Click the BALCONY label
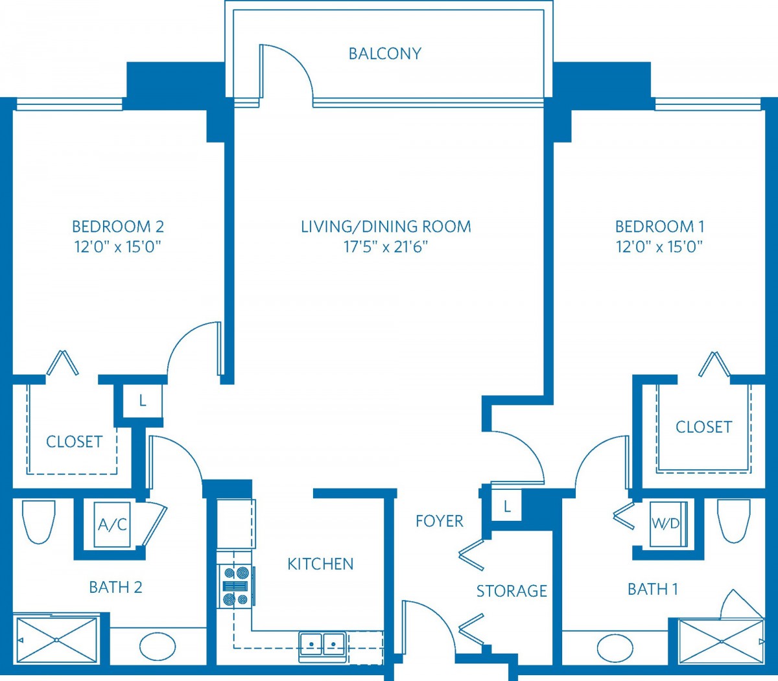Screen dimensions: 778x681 (x=385, y=54)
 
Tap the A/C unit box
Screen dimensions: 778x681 (x=112, y=525)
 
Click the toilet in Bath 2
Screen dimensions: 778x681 (x=39, y=522)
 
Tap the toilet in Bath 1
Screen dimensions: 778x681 (x=733, y=521)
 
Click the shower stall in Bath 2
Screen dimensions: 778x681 (x=57, y=640)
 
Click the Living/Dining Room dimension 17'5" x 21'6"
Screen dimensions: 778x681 (x=386, y=248)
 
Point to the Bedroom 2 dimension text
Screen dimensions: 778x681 (x=118, y=248)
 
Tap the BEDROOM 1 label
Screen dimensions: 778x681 (x=660, y=227)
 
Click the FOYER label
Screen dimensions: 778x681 (x=440, y=521)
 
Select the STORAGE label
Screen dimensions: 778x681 (x=512, y=591)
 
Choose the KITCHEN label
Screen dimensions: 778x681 (x=320, y=564)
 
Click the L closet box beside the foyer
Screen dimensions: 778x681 (x=506, y=506)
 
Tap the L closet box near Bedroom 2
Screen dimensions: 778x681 (x=143, y=400)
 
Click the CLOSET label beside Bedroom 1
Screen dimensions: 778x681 (x=704, y=427)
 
